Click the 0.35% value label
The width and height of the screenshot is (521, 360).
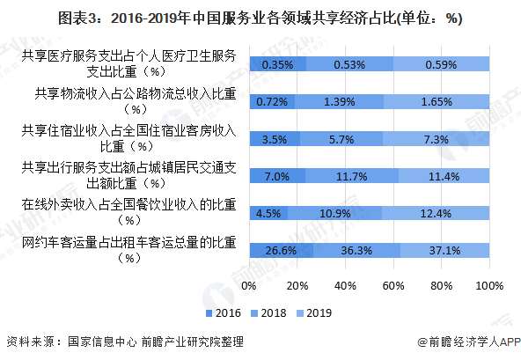(x=277, y=64)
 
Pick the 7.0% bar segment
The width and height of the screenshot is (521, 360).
(x=276, y=176)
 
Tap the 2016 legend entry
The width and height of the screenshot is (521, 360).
(x=222, y=312)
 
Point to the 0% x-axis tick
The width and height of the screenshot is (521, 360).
(x=248, y=287)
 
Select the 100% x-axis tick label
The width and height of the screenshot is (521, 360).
(x=488, y=287)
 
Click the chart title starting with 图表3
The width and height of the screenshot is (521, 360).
(x=260, y=16)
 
